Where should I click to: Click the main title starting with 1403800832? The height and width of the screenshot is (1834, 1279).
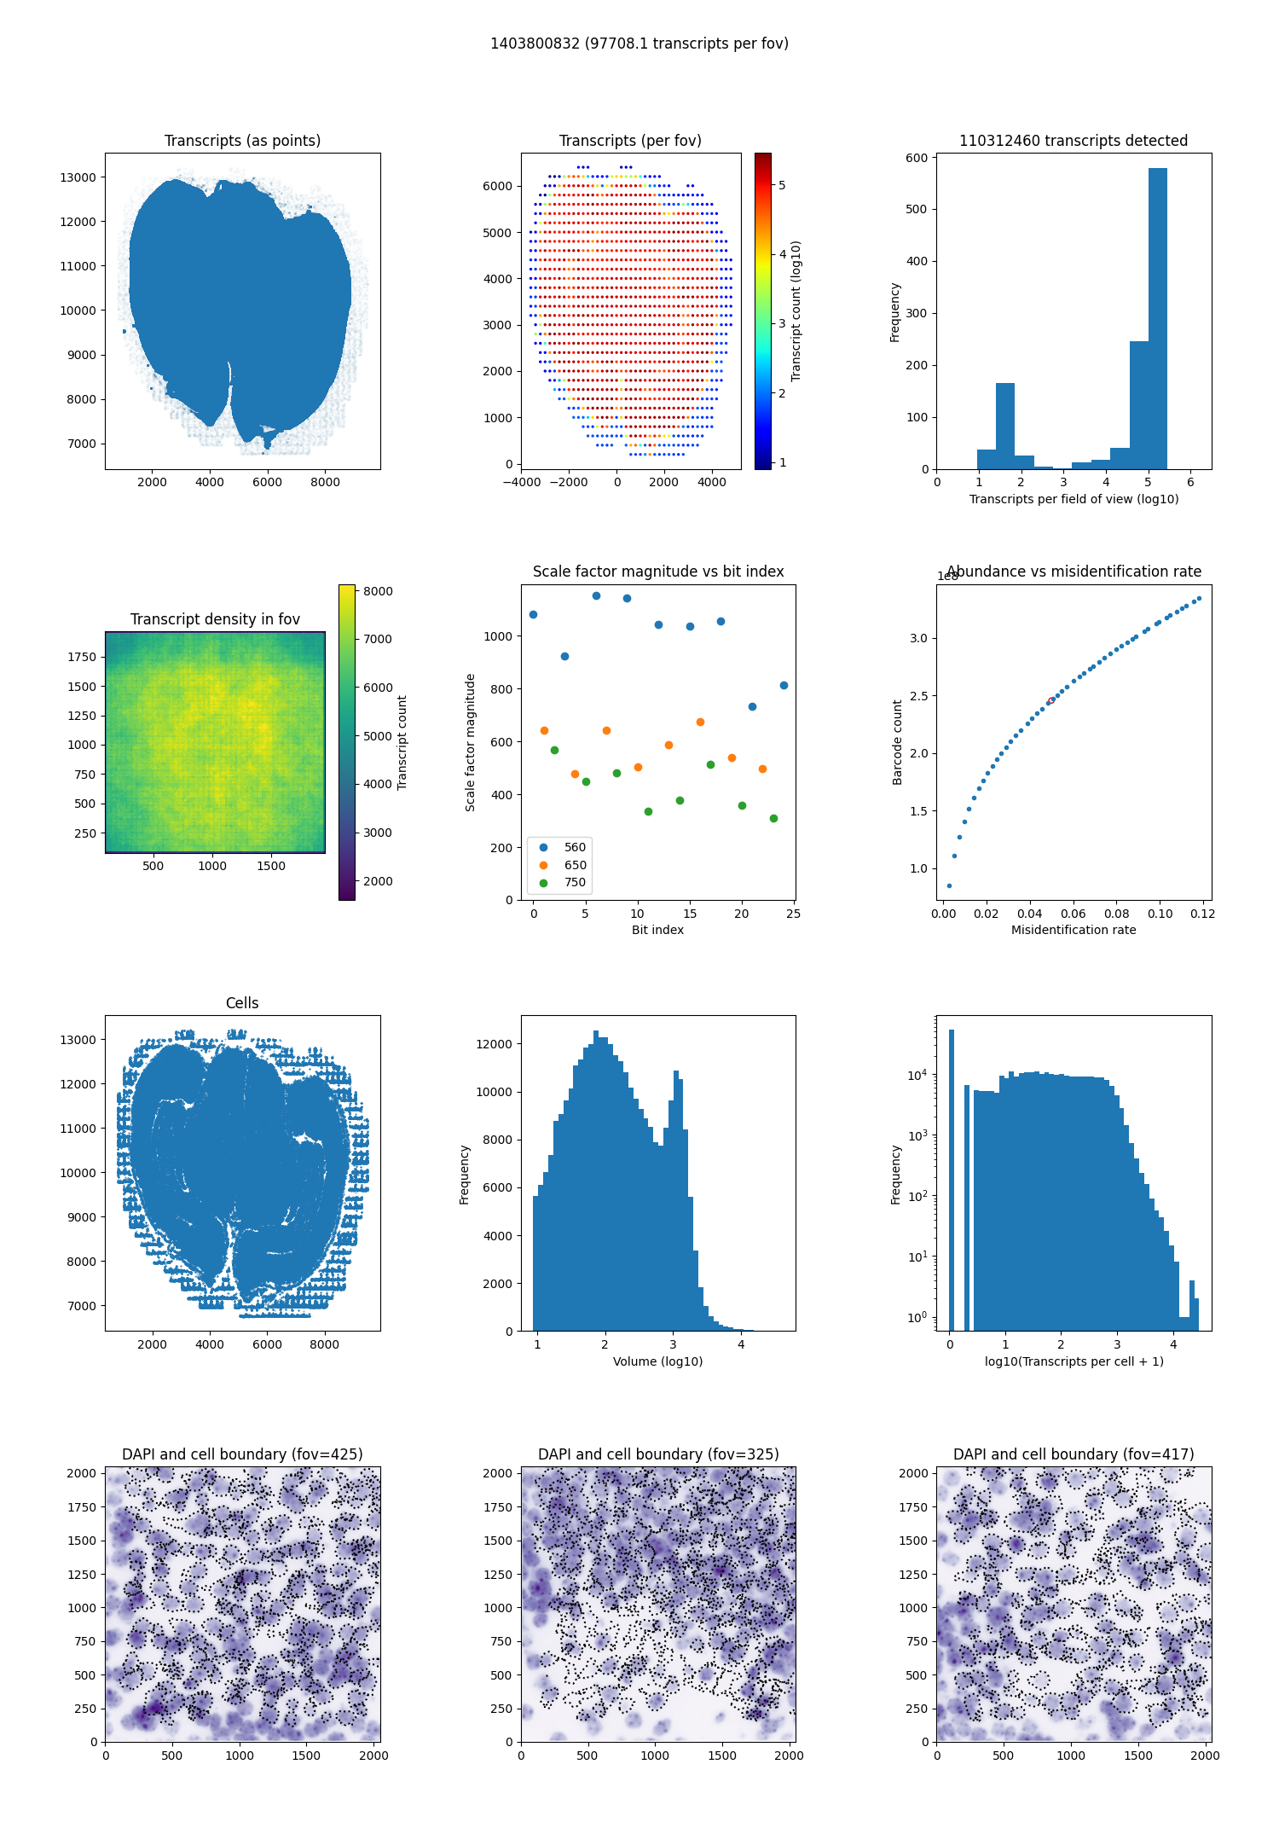[x=639, y=44]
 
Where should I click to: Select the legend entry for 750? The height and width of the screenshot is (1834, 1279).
[x=575, y=882]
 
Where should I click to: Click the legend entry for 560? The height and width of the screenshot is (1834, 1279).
[x=575, y=847]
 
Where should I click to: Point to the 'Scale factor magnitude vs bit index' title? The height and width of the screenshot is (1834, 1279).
[x=657, y=572]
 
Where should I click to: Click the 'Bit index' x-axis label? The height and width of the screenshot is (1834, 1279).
[x=657, y=930]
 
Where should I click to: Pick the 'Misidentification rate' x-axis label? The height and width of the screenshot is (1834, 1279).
[x=1074, y=930]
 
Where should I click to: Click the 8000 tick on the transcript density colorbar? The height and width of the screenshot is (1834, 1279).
[x=378, y=591]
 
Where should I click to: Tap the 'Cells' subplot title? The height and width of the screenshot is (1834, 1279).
[x=242, y=1003]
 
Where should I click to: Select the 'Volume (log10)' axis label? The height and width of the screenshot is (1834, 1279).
[x=657, y=1361]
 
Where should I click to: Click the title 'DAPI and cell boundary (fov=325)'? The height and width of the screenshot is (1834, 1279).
[x=657, y=1454]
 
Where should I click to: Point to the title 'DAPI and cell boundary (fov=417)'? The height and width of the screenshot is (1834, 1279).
[x=1074, y=1454]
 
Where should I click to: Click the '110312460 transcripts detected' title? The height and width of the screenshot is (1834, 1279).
[x=1074, y=141]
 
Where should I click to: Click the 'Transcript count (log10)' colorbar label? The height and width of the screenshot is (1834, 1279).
[x=796, y=311]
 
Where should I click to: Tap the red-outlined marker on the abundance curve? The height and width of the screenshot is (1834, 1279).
[x=1050, y=700]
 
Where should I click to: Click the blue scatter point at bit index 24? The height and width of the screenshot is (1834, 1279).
[x=784, y=685]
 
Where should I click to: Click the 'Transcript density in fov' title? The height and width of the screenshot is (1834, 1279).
[x=215, y=619]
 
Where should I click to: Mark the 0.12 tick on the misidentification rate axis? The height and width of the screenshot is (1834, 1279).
[x=1203, y=914]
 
